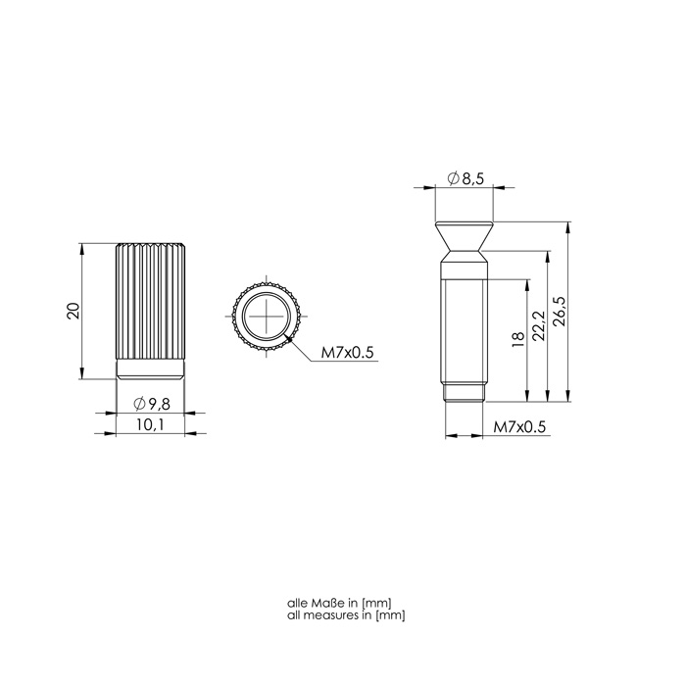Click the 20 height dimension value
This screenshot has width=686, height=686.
73,311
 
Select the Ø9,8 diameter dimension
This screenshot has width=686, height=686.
152,404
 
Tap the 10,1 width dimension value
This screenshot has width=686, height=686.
150,424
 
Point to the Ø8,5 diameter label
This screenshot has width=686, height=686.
465,178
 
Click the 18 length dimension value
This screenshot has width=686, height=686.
517,339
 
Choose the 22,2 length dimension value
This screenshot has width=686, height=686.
539,325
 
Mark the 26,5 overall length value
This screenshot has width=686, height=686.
560,311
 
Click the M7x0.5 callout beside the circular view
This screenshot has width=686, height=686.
347,353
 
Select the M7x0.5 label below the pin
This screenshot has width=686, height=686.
519,427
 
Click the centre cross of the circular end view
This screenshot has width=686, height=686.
267,316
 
